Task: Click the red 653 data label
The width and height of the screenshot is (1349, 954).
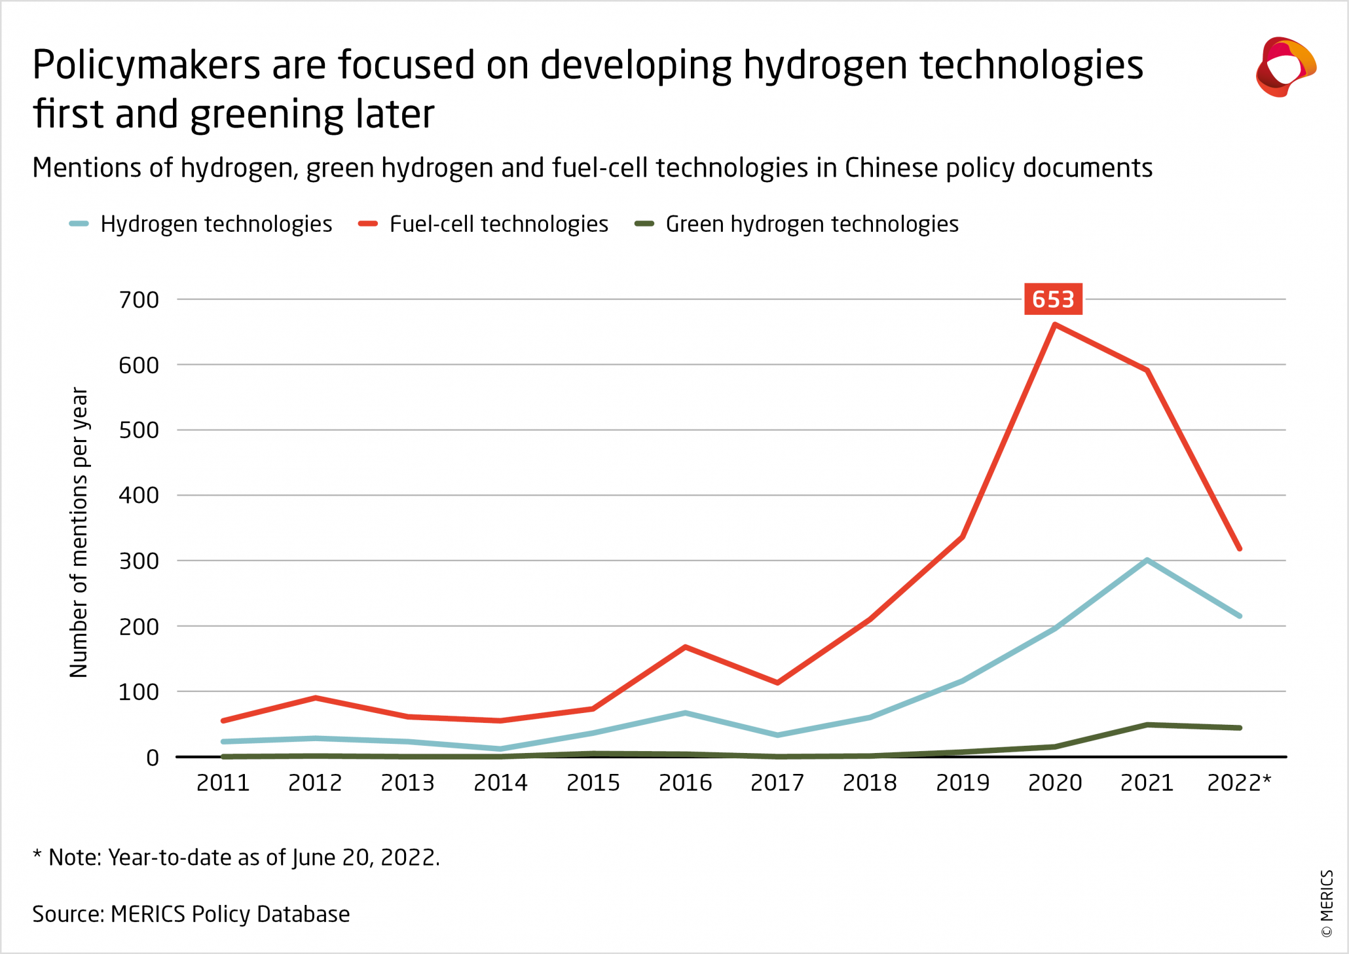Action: [1053, 299]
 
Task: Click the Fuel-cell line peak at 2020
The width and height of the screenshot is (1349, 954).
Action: [1055, 324]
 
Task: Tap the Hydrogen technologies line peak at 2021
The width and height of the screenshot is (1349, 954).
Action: [1147, 560]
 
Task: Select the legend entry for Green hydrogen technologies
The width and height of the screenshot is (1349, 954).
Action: [811, 224]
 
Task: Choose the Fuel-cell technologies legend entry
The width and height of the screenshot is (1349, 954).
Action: [498, 224]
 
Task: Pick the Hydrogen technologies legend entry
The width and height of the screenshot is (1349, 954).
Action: [215, 224]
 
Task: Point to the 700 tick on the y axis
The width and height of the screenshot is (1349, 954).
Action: [139, 300]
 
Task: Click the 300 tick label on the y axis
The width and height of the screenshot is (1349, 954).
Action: [139, 561]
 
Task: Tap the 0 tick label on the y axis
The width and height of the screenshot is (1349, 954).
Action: [153, 758]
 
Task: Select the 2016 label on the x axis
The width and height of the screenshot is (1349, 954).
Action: [685, 782]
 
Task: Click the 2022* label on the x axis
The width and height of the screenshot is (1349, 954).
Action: [1238, 782]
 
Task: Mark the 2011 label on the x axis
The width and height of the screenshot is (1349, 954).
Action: [223, 782]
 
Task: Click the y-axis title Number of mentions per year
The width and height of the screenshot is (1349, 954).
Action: [79, 532]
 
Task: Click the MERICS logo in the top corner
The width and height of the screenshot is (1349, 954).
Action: [1285, 67]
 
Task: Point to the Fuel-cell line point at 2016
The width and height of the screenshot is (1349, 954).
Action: [685, 647]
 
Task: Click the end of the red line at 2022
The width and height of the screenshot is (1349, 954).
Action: [1240, 549]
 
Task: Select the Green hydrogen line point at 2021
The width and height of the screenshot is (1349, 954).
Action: [1147, 725]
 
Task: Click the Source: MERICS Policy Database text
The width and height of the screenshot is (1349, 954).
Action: [191, 914]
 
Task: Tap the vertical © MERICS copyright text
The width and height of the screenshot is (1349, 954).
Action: [1327, 904]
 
